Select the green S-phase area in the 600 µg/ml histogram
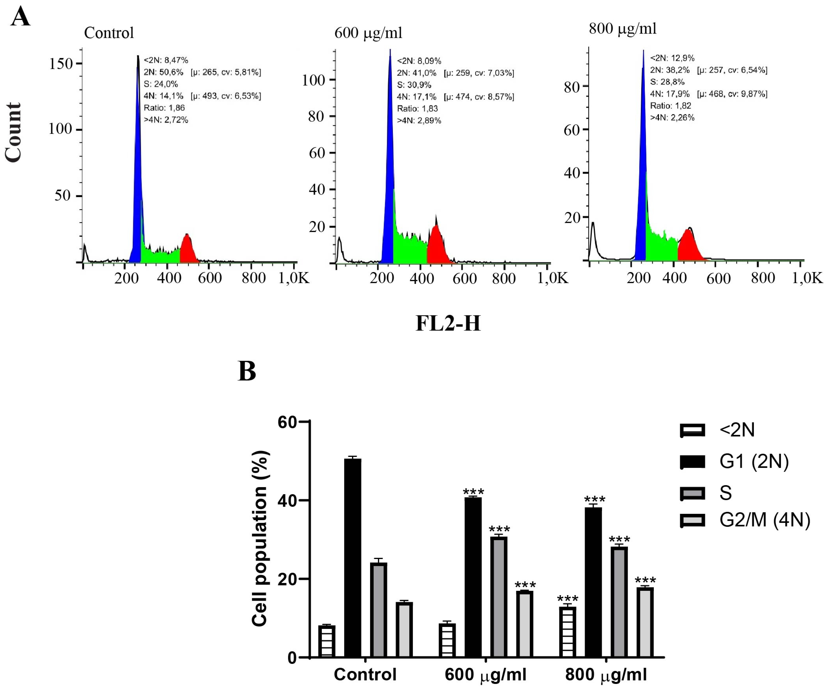410,248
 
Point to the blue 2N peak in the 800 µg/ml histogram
641,177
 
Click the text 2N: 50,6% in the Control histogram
163,72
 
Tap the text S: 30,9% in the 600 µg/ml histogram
414,85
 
